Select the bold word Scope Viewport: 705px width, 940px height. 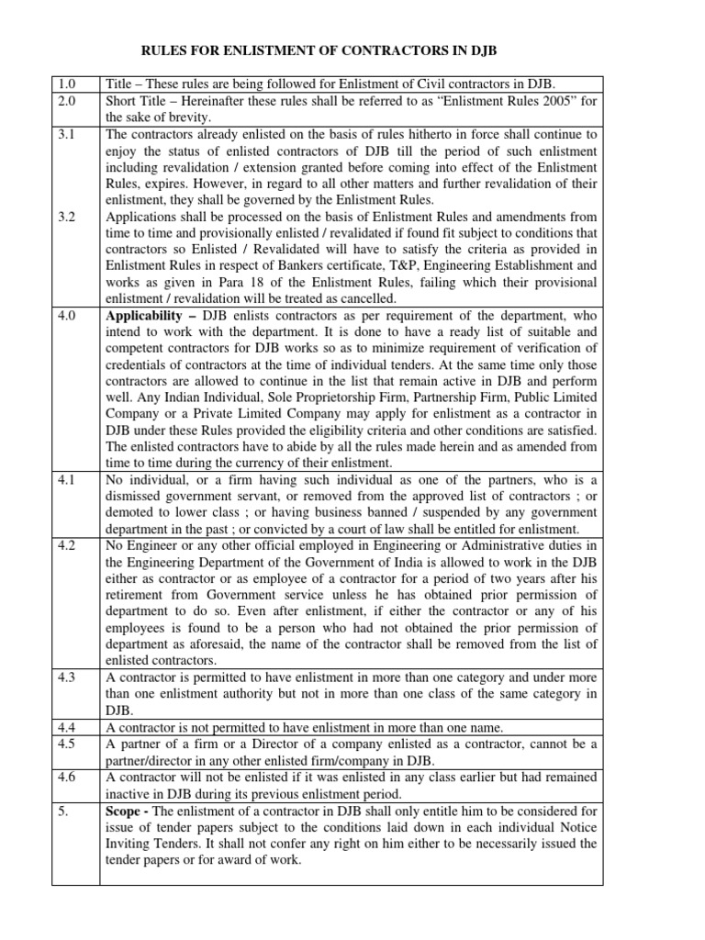pos(127,811)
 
